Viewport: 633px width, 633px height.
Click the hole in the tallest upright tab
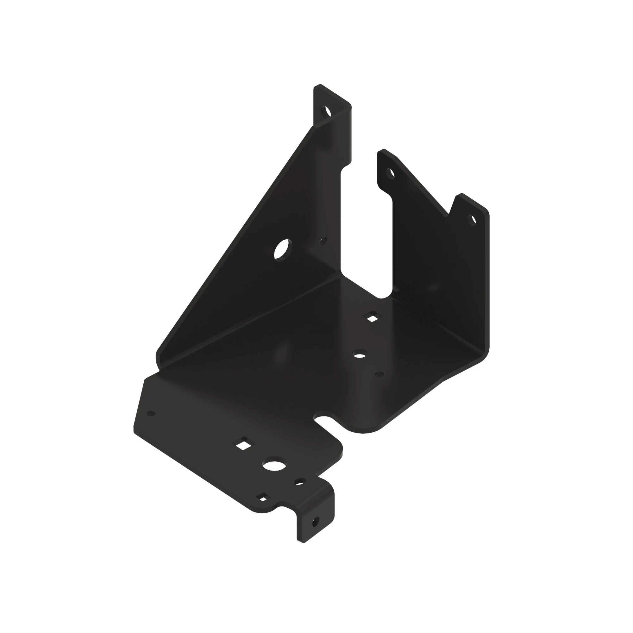(x=327, y=111)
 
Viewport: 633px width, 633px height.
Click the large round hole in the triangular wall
(x=282, y=250)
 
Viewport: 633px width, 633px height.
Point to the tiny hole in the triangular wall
(x=323, y=241)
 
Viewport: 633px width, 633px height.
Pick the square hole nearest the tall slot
(x=372, y=317)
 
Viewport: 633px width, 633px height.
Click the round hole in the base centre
(x=360, y=354)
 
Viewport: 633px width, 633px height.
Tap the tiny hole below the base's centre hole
(x=379, y=374)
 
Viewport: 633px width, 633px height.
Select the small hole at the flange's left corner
(x=151, y=414)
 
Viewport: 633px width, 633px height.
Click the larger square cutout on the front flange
(x=243, y=445)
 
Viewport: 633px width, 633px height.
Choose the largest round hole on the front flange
(x=274, y=465)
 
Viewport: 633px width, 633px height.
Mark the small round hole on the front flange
(x=300, y=482)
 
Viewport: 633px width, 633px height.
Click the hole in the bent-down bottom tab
(x=316, y=521)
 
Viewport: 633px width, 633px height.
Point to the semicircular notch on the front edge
(x=323, y=420)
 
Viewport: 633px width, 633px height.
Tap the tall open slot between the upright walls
(x=366, y=223)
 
